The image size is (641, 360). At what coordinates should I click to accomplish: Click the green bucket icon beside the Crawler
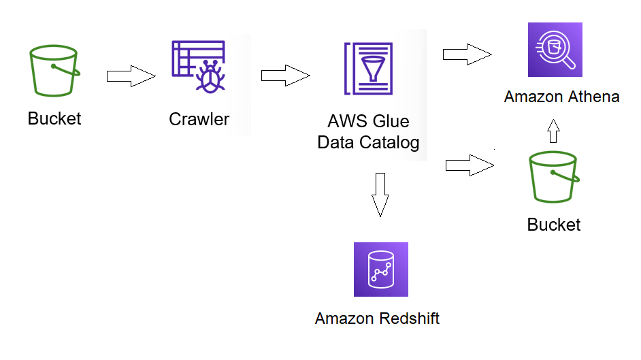pos(54,71)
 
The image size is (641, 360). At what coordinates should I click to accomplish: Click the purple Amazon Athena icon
pos(555,50)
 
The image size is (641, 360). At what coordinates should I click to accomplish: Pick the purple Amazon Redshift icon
pos(380,269)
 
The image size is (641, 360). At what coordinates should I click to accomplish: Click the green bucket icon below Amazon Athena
pos(554,178)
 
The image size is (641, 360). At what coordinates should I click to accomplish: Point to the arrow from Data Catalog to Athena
pos(467,54)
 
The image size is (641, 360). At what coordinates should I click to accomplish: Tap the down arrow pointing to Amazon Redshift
pos(380,195)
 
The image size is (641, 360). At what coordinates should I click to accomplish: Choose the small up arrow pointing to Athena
pos(553,131)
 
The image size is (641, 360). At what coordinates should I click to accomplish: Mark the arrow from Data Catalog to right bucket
pos(469,165)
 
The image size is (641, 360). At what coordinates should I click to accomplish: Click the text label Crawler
pos(199,120)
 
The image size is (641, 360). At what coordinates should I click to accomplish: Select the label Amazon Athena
pos(561,97)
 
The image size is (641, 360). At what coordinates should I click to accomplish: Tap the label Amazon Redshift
pos(378,318)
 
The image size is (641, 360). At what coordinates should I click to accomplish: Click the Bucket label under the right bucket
pos(554,225)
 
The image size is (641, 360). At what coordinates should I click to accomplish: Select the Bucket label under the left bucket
pos(54,119)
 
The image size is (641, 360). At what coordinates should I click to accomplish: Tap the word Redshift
pos(408,318)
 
